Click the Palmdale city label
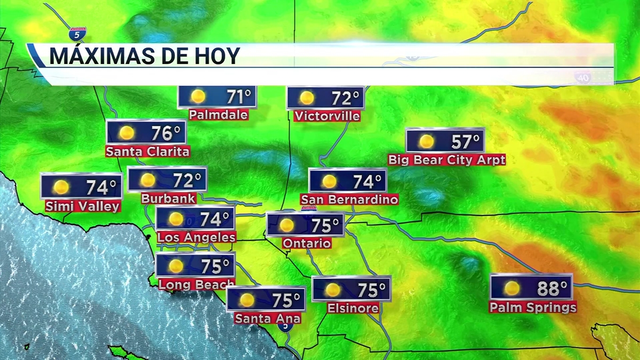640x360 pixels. tap(219, 114)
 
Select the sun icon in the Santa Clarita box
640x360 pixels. tap(126, 133)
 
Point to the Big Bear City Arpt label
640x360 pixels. tap(446, 159)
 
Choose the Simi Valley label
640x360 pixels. tap(82, 206)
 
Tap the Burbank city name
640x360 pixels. tap(161, 198)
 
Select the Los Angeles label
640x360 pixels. tap(196, 237)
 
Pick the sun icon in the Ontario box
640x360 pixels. tap(286, 226)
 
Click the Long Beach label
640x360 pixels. tap(196, 284)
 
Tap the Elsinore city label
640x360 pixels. tap(353, 308)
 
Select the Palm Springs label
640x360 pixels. tap(533, 308)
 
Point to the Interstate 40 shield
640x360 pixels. tap(583, 78)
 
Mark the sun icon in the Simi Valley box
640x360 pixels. tap(61, 187)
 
